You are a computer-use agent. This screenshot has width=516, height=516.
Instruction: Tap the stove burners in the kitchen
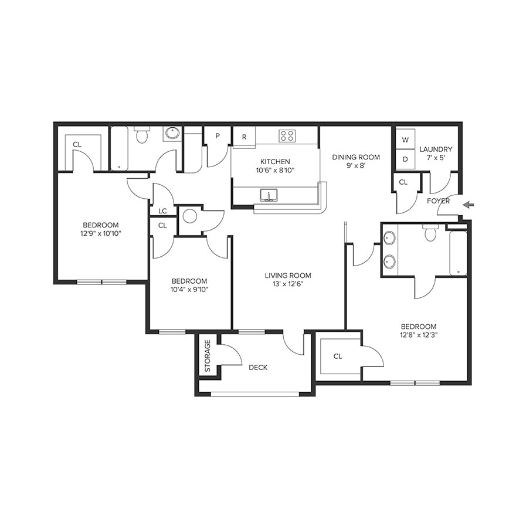(x=287, y=136)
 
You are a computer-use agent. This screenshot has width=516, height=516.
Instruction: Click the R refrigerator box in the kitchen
(x=244, y=137)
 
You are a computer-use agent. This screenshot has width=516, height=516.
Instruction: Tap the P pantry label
(x=217, y=136)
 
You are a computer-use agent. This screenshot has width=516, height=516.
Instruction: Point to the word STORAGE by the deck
(x=207, y=357)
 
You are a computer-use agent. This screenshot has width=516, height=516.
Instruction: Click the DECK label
(x=258, y=368)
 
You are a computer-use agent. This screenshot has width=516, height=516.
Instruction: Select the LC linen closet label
(x=162, y=211)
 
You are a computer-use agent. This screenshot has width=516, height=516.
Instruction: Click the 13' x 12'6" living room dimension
(x=287, y=284)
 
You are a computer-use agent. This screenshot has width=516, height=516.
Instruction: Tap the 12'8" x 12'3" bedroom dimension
(x=419, y=335)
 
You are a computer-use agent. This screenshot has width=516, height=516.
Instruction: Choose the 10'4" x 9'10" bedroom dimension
(x=189, y=288)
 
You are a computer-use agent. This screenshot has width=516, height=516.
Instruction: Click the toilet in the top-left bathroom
(x=141, y=135)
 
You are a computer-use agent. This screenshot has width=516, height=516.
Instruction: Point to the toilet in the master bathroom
(x=430, y=233)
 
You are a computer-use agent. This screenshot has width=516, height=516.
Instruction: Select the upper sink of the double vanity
(x=389, y=239)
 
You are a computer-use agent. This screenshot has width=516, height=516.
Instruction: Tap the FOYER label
(x=438, y=201)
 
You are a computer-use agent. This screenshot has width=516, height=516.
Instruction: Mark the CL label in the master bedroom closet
(x=338, y=356)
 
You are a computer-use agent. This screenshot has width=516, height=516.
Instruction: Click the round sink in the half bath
(x=189, y=216)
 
